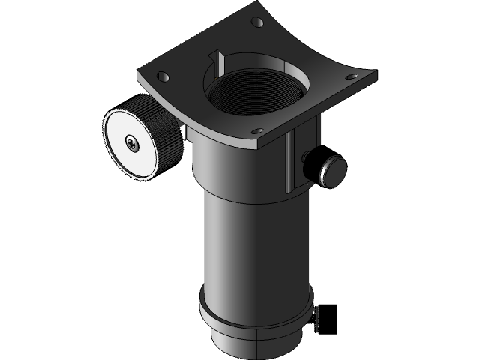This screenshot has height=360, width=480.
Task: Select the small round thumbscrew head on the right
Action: pos(333,169)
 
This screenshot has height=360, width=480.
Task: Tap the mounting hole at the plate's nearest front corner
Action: pos(258,131)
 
